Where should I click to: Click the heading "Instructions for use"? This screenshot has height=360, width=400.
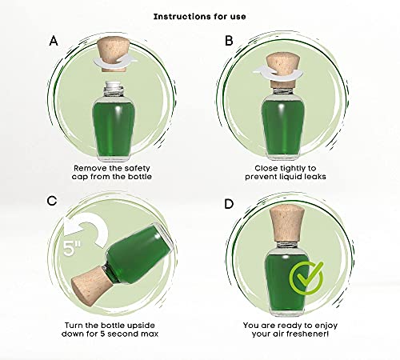click(199, 17)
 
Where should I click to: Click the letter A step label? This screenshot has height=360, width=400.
click(54, 41)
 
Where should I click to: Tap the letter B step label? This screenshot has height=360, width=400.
click(229, 41)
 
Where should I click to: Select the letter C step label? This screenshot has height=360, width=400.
click(52, 201)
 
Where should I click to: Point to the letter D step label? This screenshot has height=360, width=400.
click(229, 204)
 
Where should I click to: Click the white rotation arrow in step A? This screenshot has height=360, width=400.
click(114, 62)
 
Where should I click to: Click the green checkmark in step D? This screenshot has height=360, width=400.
click(306, 278)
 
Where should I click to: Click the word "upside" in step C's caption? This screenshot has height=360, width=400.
click(141, 326)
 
